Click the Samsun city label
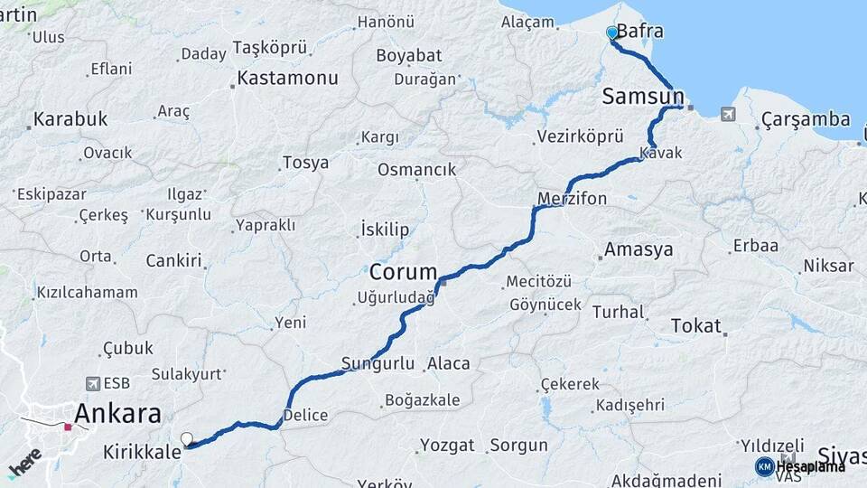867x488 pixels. [641, 96]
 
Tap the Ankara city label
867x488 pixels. [117, 414]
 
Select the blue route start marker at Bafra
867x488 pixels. [612, 33]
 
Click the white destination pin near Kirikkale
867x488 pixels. [187, 439]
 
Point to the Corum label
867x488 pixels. [403, 271]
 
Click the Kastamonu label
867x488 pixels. [287, 78]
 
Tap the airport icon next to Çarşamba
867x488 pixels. [728, 115]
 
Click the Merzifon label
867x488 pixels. [572, 198]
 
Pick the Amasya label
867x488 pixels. [639, 249]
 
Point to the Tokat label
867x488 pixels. [696, 326]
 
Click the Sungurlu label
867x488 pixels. [378, 364]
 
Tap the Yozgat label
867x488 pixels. [446, 446]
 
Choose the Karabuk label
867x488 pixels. [70, 119]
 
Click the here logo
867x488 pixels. [24, 461]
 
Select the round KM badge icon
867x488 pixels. [765, 466]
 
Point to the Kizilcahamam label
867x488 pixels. [87, 293]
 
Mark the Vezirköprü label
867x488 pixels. [580, 136]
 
